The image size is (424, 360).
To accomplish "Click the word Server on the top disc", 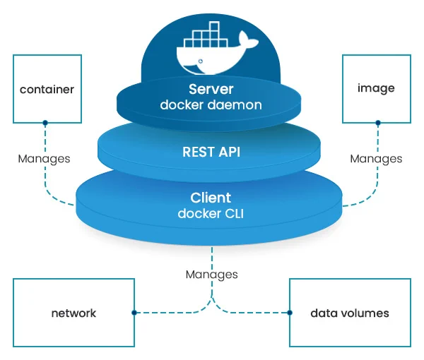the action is click(211, 89).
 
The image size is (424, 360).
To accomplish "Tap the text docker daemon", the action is click(211, 104).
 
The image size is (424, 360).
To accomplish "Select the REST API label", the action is click(211, 152).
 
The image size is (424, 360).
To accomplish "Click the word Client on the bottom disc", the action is click(211, 198).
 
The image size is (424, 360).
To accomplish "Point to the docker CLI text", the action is click(211, 214).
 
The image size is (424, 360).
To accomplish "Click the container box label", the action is click(47, 90).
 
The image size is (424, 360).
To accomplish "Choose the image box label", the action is click(376, 88).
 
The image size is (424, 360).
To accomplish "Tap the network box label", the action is click(73, 313).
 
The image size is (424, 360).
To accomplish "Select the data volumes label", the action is click(350, 313).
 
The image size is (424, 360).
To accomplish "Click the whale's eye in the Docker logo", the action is click(201, 61).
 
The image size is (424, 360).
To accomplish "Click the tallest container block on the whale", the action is click(214, 26).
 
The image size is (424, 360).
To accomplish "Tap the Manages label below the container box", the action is click(44, 159).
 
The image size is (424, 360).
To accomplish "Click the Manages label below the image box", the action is click(376, 159).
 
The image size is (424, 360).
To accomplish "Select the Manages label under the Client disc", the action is click(212, 275).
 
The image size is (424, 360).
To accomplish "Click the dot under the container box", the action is click(45, 123).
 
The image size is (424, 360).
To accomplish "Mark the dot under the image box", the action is click(378, 123).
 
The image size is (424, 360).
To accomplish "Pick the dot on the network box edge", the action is click(134, 313).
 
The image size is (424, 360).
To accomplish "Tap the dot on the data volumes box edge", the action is click(290, 313).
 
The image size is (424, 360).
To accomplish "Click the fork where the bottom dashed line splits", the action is click(212, 298).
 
